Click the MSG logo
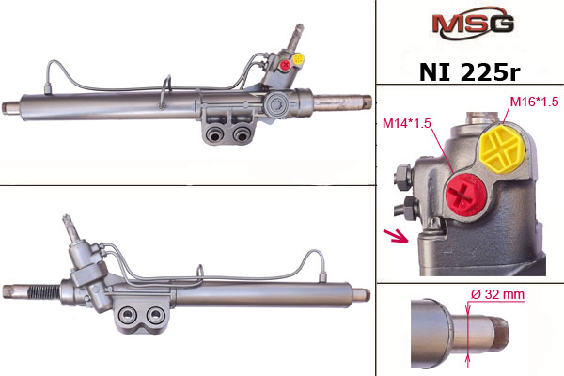point(473,23)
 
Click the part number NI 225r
point(469,72)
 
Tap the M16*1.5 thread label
point(534,102)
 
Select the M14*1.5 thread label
point(406,123)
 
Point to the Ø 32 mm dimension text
point(498,294)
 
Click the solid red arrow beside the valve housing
point(396,236)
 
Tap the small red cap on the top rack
point(286,66)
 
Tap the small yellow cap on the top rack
point(298,58)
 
